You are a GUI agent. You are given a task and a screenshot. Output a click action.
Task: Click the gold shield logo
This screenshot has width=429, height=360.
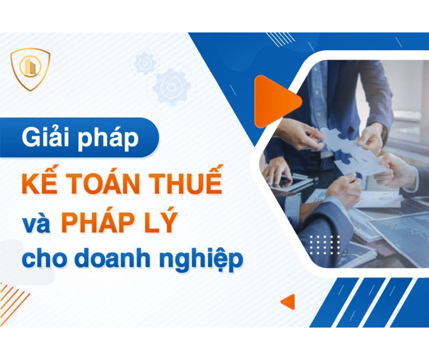coord(30,69)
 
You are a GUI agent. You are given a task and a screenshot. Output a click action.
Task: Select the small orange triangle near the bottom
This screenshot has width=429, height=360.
coord(288,302)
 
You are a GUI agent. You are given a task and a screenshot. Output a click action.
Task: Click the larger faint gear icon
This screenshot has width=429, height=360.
coord(172,87)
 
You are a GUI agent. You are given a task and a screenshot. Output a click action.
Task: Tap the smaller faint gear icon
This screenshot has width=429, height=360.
coord(145,63)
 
